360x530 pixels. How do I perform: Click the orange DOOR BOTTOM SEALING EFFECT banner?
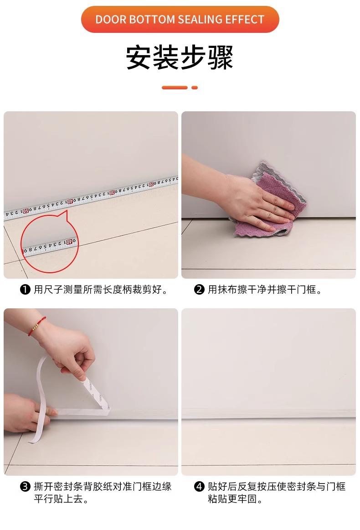(x=180, y=19)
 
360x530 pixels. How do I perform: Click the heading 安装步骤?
(x=180, y=57)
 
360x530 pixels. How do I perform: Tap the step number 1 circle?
(x=26, y=290)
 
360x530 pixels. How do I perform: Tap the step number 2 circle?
(x=199, y=290)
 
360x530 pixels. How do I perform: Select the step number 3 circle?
(x=26, y=487)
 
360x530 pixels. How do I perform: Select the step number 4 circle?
(x=199, y=487)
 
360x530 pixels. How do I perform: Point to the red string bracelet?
(x=36, y=326)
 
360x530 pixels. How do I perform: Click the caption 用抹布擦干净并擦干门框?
(x=265, y=290)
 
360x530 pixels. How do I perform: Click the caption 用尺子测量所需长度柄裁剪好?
(x=101, y=290)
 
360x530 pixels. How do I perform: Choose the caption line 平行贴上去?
(x=61, y=499)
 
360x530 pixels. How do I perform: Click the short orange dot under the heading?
(x=195, y=88)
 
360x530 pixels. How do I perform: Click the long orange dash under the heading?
(x=175, y=88)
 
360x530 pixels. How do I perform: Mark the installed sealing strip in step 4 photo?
(x=268, y=414)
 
